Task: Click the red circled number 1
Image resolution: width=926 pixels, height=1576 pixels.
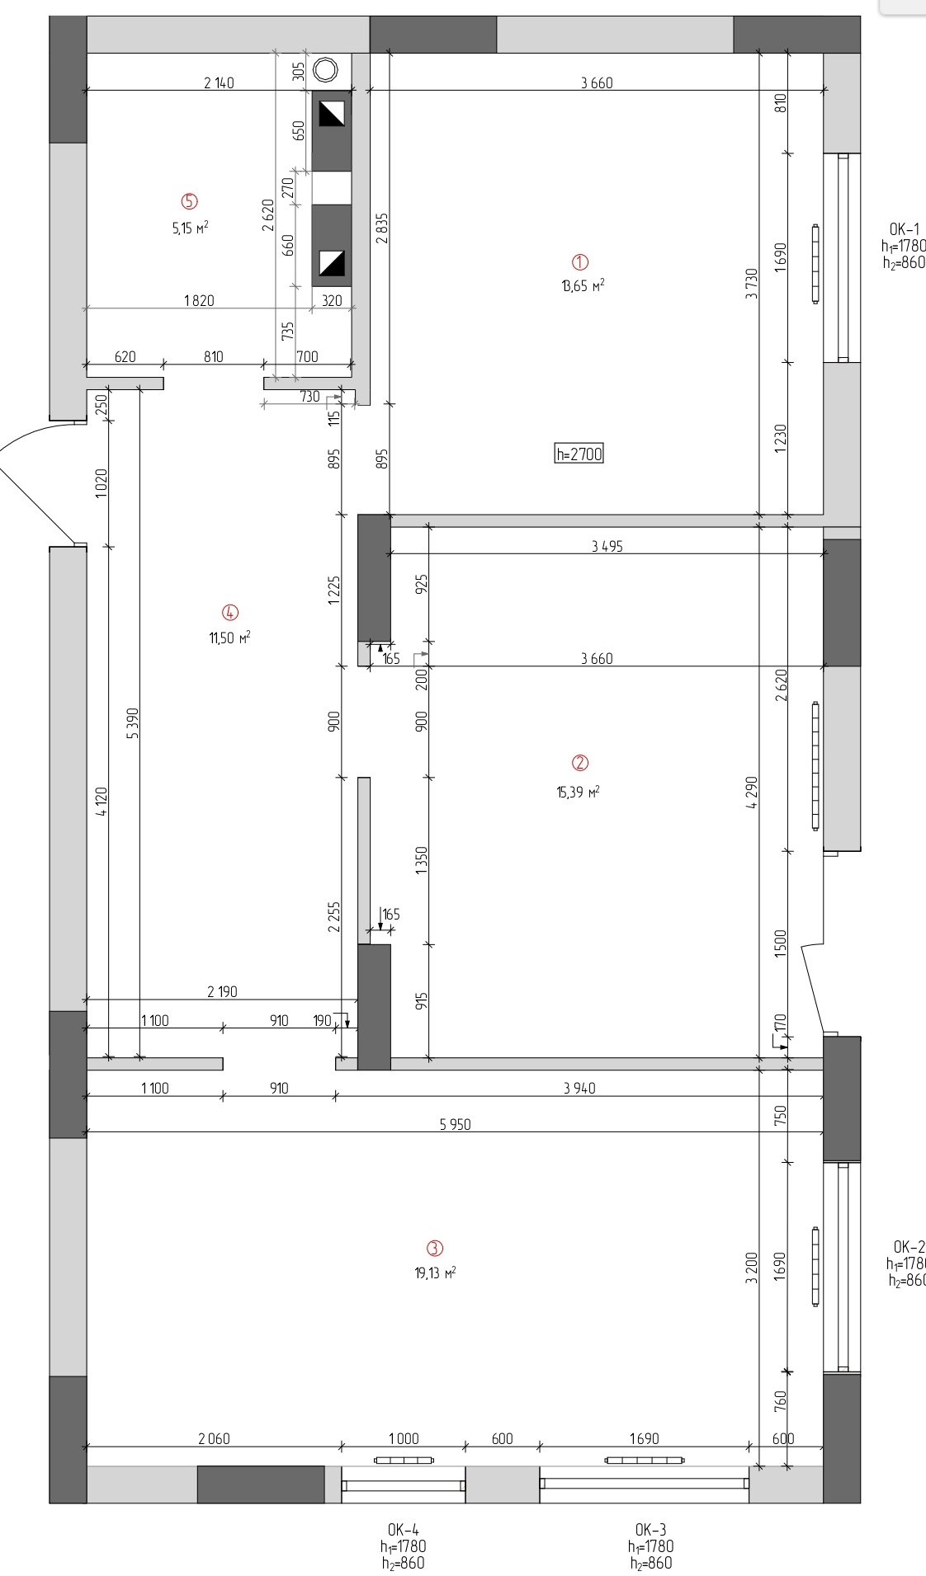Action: coord(580,262)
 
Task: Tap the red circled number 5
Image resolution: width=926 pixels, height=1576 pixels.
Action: coord(190,201)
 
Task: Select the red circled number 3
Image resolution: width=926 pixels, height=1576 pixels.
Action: coord(434,1249)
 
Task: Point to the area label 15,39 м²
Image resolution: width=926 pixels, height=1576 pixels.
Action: coord(578,793)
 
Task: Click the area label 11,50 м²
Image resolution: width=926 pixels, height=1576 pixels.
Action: coord(229,637)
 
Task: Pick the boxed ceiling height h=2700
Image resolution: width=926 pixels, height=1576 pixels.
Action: coord(579,454)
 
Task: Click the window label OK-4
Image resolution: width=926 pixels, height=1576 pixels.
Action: coord(404,1531)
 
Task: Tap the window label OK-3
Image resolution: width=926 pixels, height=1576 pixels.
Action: coord(650,1531)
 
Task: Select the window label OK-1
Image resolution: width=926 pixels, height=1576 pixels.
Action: coord(904,229)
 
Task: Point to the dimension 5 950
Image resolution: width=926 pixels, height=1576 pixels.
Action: coord(456,1124)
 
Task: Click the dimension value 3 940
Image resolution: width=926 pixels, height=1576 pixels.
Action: coord(579,1089)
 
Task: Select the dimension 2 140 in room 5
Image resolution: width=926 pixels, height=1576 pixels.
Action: coord(219,82)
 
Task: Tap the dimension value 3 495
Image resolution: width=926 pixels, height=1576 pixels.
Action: coord(607,546)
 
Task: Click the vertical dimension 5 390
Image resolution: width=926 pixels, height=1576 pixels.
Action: coord(134,723)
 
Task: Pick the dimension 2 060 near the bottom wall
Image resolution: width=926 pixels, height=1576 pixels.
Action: coord(214,1438)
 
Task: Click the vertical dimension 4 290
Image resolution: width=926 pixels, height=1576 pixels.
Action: coord(751,793)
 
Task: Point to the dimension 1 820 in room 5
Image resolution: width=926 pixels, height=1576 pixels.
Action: coord(199,300)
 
